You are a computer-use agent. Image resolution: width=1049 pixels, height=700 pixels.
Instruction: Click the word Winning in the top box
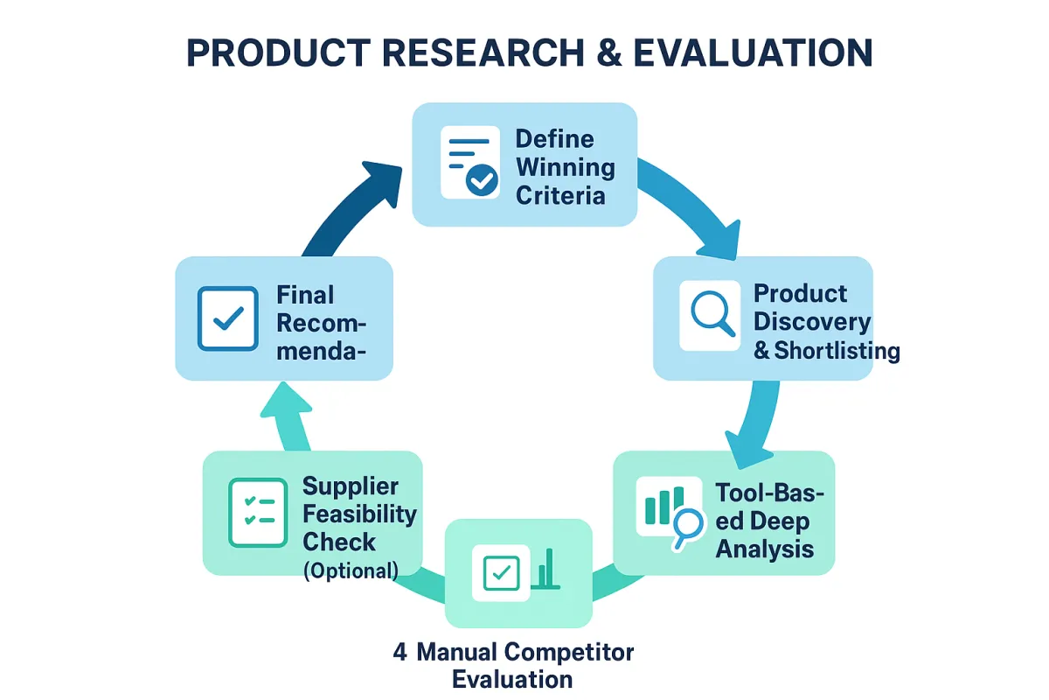[565, 166]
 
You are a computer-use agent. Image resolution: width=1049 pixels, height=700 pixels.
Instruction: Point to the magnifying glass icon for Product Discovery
[710, 315]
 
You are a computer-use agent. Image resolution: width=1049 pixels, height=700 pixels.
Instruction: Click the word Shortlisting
[837, 351]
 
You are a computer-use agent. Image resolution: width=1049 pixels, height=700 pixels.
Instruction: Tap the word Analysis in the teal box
[765, 549]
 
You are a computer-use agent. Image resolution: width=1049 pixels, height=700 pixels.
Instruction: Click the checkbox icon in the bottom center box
[500, 573]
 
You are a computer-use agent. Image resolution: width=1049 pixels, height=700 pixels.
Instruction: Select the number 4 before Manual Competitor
[399, 652]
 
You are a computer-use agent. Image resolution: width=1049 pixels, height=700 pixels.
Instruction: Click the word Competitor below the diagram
[578, 652]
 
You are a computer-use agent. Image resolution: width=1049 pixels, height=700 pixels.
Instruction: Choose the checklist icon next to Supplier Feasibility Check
[257, 513]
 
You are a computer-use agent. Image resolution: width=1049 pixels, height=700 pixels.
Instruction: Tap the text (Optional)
[351, 570]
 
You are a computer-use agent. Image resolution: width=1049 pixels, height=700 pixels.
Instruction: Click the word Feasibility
[360, 514]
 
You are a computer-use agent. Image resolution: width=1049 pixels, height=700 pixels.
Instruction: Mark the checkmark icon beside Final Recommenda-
[228, 319]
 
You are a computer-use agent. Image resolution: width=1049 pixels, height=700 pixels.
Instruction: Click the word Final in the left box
[305, 295]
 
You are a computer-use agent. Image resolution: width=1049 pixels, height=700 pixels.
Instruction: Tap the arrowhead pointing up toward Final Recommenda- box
[286, 403]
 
